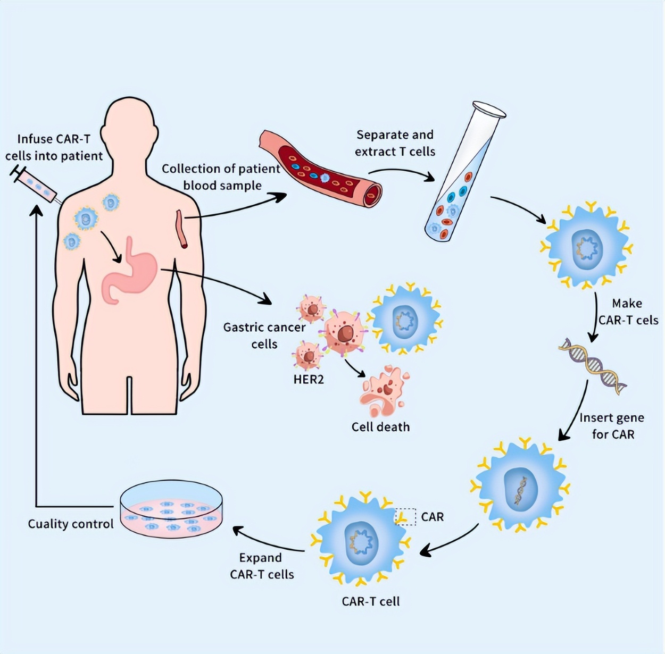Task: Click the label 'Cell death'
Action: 380,426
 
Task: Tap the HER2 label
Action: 309,379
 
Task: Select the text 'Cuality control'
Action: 71,524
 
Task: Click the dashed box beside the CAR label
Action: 405,516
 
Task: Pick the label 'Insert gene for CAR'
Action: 612,426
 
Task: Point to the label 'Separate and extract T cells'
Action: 395,143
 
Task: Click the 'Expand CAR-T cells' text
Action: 262,566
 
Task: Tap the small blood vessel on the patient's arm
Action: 182,229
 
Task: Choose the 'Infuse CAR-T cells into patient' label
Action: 54,147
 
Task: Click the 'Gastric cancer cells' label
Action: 264,336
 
